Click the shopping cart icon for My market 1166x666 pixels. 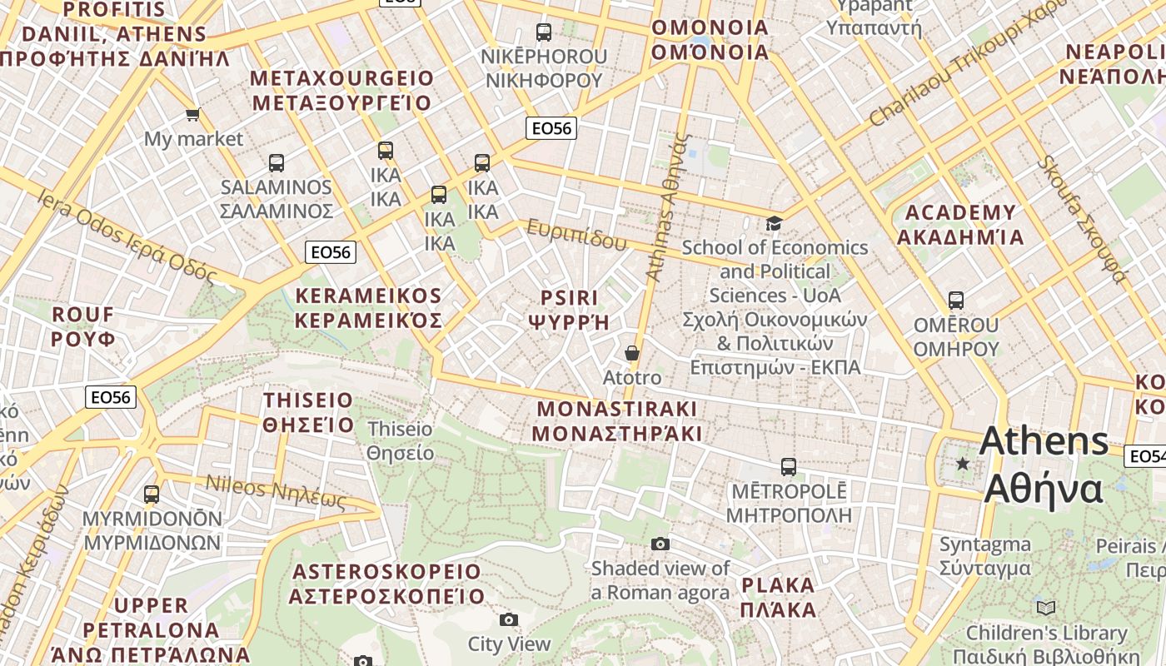193,114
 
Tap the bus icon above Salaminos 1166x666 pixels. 277,163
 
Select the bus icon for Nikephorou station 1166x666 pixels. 544,32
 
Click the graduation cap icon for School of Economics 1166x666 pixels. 774,223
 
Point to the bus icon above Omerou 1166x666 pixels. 956,301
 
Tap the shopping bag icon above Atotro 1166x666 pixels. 632,354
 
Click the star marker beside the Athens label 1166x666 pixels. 963,463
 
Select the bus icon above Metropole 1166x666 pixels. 789,467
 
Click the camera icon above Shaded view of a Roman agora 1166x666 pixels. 660,544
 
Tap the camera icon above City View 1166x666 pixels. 509,619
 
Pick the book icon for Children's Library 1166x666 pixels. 1046,609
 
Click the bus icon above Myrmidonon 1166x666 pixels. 152,495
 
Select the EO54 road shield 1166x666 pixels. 1146,456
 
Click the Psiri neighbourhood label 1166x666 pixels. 570,310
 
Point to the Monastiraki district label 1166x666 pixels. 616,421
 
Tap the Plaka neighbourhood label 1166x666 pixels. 778,597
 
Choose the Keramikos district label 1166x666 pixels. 368,308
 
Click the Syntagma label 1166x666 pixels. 984,556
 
